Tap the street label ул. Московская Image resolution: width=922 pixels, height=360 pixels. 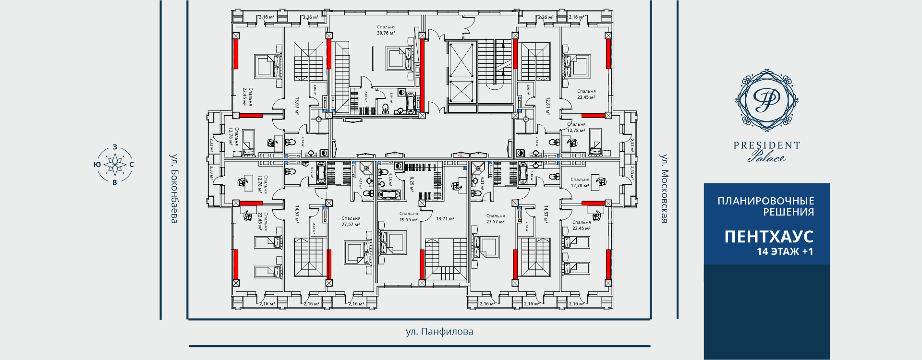coord(664,189)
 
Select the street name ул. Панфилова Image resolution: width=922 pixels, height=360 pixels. coord(439,332)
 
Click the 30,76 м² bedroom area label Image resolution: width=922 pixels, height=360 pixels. coord(386,33)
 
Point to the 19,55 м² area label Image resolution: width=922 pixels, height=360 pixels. coord(409,220)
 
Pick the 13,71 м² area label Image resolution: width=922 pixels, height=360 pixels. coord(445,219)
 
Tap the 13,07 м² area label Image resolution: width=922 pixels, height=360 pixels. coord(297,106)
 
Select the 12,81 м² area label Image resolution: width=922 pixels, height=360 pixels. coord(547,106)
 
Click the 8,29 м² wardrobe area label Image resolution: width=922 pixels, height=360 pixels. coord(412,184)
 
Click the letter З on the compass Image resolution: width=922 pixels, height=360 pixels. coord(114,147)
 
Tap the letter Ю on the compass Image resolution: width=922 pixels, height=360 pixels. coord(97,165)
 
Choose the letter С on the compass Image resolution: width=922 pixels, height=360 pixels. coord(132,165)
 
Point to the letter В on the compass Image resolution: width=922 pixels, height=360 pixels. coord(114,182)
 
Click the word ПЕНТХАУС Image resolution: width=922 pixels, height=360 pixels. coord(769,237)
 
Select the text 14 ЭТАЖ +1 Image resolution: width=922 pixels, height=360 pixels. coord(785,252)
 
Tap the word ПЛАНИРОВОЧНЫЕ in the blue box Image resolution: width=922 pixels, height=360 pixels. coord(765,201)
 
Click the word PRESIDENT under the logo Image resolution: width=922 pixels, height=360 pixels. coord(766,145)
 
